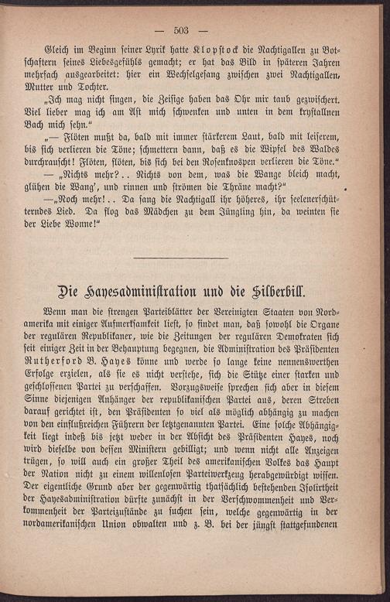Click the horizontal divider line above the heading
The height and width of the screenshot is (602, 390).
click(180, 258)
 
